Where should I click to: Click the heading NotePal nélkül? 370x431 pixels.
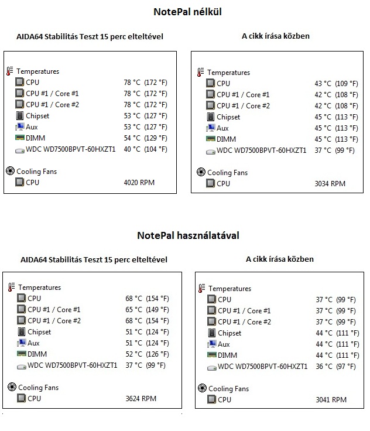coord(187,12)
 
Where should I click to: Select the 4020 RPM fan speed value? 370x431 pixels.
coord(139,183)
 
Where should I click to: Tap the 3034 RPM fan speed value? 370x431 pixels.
coord(330,184)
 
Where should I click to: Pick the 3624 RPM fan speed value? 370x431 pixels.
coord(141,399)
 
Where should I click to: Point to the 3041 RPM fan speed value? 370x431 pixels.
coord(331,400)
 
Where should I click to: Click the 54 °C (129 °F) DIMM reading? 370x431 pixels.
coord(145,138)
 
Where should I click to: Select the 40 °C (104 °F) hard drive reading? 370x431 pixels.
coord(145,149)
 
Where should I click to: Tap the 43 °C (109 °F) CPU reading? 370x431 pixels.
coord(336,84)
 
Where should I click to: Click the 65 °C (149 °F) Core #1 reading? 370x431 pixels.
coord(147,310)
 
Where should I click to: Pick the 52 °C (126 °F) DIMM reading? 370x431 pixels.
coord(147,354)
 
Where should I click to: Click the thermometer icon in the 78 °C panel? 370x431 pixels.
coord(9,71)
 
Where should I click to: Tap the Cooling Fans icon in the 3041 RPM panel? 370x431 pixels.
coord(202,389)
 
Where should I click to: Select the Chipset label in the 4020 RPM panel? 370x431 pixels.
coord(37,116)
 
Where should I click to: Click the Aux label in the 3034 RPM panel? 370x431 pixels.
coord(222,128)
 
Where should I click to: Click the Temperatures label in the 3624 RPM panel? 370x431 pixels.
coord(39,288)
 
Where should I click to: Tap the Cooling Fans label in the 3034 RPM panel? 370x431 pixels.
coord(228,173)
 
